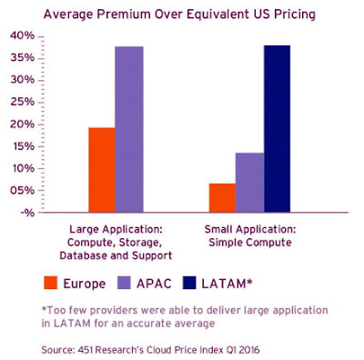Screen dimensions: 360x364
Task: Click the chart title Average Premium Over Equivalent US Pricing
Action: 183,14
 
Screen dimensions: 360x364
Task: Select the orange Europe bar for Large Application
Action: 102,169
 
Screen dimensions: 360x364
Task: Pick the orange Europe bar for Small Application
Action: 223,197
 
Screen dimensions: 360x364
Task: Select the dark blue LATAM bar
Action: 278,128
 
